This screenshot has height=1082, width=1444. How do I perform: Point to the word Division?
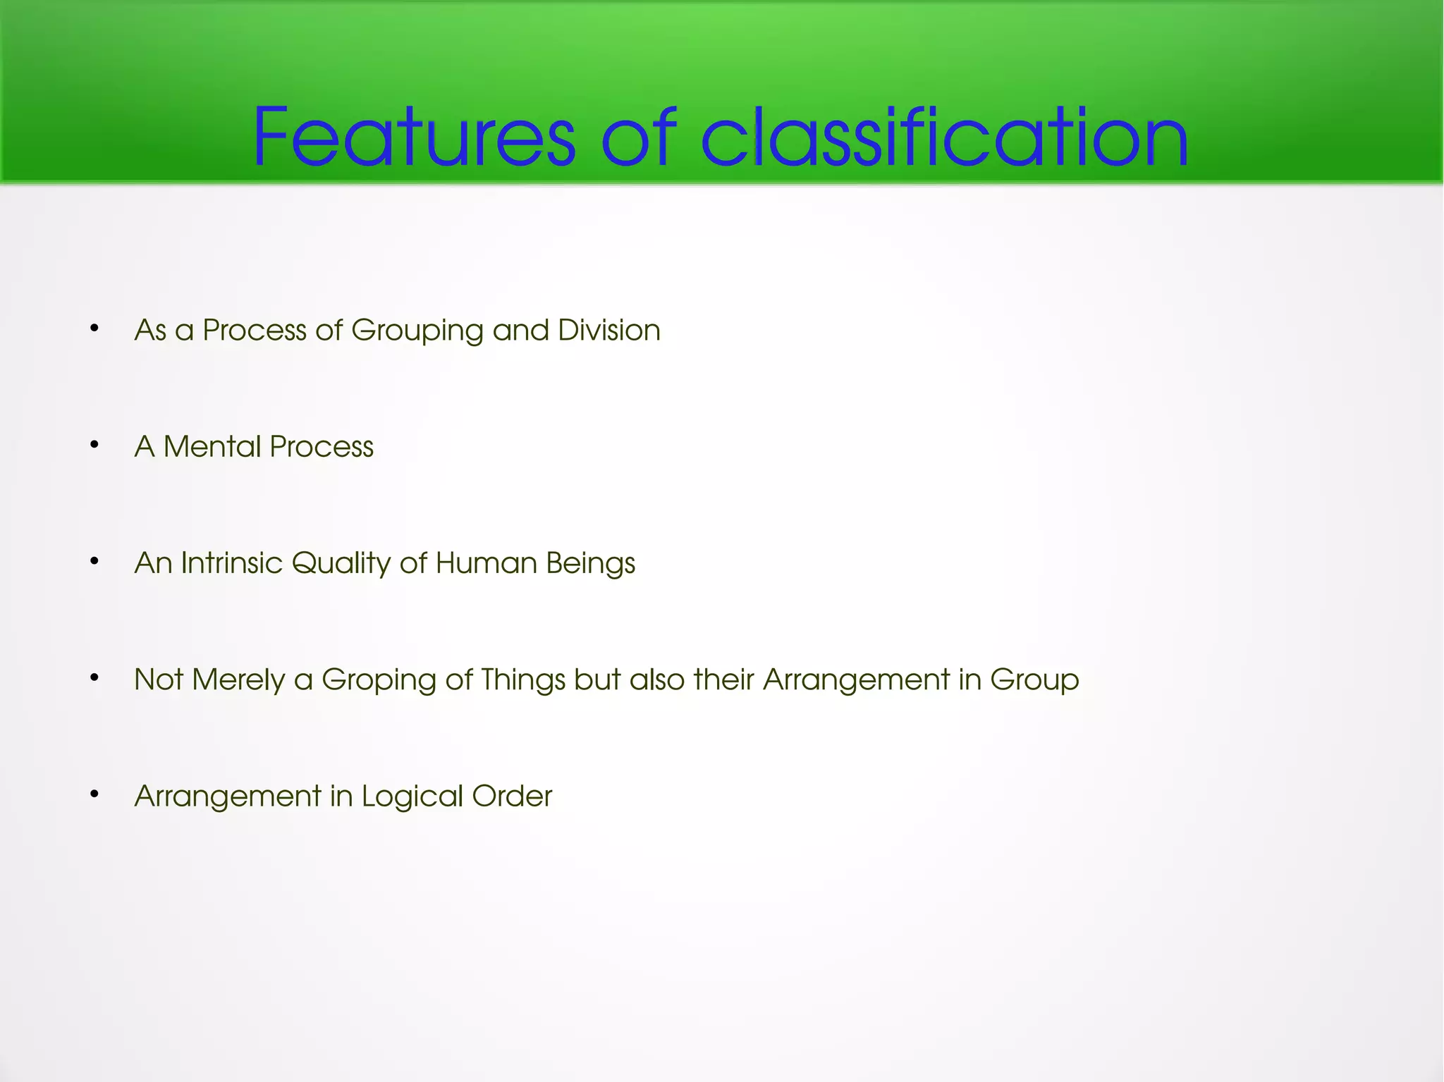pyautogui.click(x=608, y=330)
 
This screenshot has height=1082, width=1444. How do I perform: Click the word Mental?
pyautogui.click(x=212, y=446)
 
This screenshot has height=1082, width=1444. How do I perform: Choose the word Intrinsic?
pyautogui.click(x=231, y=563)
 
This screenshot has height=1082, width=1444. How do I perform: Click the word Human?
pyautogui.click(x=487, y=563)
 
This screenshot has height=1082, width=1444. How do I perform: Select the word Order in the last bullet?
pyautogui.click(x=512, y=796)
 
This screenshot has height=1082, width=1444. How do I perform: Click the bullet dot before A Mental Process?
pyautogui.click(x=94, y=445)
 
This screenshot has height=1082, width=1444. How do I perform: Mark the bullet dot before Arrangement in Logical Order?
pyautogui.click(x=94, y=794)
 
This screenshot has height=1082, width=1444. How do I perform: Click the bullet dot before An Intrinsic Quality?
pyautogui.click(x=94, y=562)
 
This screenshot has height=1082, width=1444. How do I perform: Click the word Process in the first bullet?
pyautogui.click(x=254, y=330)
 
